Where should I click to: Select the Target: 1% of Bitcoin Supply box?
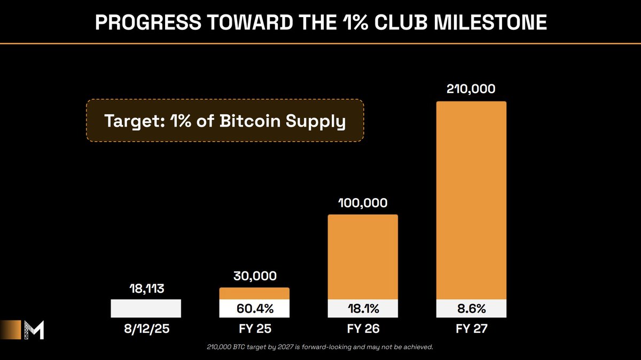click(225, 121)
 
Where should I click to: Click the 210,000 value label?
click(471, 89)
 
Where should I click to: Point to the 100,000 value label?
click(362, 203)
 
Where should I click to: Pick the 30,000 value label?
click(254, 276)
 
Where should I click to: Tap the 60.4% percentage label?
click(254, 309)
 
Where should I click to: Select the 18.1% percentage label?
click(363, 309)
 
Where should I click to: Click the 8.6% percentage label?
click(471, 309)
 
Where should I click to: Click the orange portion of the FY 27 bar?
click(471, 200)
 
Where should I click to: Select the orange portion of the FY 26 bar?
click(363, 256)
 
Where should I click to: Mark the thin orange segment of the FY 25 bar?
click(254, 294)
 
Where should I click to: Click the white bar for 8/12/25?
click(146, 309)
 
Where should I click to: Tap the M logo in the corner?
click(34, 330)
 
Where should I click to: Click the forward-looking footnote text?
click(319, 348)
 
